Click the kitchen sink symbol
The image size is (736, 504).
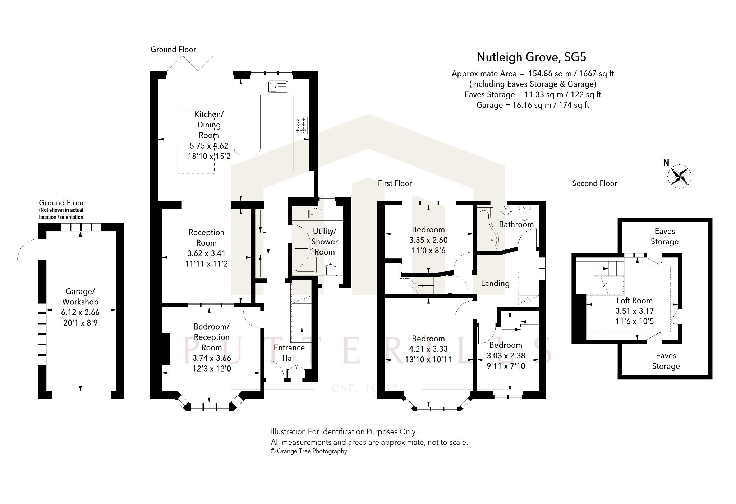278,87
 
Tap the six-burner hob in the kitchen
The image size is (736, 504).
301,126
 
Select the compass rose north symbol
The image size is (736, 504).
679,176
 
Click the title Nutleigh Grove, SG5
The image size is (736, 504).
531,57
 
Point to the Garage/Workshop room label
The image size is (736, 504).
80,297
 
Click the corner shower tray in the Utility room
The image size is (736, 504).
305,261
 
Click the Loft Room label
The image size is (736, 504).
634,300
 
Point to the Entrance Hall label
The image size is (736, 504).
289,353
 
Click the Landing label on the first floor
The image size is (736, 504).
495,284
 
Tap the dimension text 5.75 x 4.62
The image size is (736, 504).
209,146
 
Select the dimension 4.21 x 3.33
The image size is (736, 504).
428,349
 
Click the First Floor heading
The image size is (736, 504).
395,183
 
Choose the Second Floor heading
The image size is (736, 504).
594,183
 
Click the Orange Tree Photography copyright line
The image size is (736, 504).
309,451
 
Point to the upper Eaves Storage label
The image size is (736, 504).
664,236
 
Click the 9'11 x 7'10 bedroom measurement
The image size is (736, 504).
506,366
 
